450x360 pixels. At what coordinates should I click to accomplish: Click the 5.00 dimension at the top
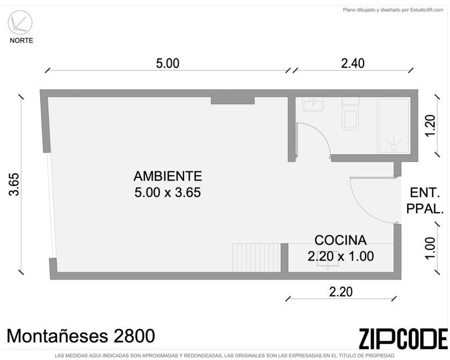tap(168, 63)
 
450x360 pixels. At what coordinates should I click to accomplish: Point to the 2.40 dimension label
tap(353, 63)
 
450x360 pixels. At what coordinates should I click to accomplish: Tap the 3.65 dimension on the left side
tap(14, 184)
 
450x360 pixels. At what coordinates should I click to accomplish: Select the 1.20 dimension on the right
tap(431, 125)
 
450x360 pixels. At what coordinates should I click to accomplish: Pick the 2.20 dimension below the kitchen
tap(340, 292)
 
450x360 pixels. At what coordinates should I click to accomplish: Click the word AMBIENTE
tap(168, 176)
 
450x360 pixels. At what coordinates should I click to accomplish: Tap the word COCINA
tap(340, 240)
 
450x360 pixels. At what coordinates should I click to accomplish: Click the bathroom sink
tap(313, 104)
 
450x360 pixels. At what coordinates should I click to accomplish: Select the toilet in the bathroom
tap(351, 113)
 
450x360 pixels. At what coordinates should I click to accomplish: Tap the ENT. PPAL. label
tap(425, 200)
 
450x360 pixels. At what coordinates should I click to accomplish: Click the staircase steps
tap(256, 257)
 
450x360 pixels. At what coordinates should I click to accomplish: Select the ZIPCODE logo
tap(403, 339)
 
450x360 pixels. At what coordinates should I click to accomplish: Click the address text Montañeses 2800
tap(81, 336)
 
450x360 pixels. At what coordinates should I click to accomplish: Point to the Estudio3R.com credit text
tap(393, 10)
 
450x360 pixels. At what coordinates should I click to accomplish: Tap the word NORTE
tap(21, 40)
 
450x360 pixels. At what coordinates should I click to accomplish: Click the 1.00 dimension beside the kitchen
tap(431, 248)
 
